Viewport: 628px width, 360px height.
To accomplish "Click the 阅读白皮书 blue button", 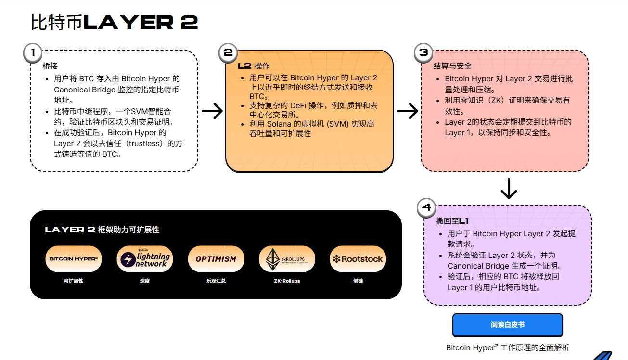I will [507, 325].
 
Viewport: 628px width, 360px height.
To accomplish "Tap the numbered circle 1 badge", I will [33, 53].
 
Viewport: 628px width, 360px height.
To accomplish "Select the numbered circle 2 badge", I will [228, 52].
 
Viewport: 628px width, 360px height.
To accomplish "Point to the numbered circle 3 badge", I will [423, 52].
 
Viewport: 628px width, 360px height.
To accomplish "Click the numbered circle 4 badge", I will [426, 208].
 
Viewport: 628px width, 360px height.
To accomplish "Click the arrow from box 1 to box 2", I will [212, 111].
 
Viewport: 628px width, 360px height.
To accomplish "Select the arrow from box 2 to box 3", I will [407, 111].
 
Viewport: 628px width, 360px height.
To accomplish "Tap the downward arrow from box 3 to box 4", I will [508, 188].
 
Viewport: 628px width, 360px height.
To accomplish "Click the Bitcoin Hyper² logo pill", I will [73, 259].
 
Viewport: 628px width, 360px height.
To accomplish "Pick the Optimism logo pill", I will [216, 259].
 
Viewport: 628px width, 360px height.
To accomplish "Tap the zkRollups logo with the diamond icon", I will [287, 259].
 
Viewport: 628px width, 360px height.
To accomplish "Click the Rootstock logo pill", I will [358, 259].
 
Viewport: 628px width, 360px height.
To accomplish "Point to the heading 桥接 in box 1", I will [50, 66].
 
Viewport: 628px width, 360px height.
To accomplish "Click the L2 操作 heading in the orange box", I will [254, 66].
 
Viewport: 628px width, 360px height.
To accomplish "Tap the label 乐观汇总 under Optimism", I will [216, 281].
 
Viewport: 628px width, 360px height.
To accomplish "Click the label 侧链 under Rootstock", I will [358, 281].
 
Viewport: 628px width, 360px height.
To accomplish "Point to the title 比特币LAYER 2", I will [115, 23].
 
